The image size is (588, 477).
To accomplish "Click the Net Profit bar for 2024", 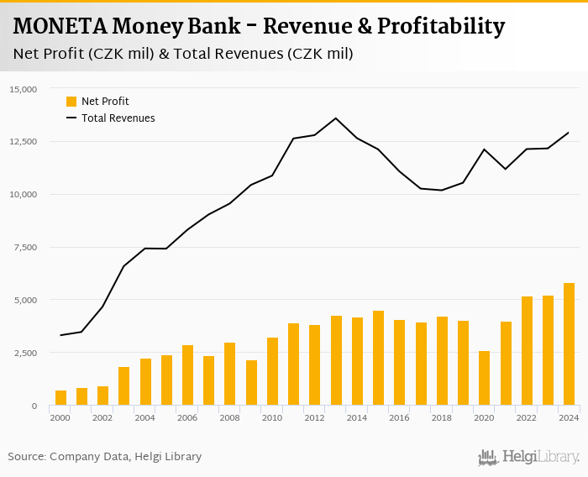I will [x=569, y=344].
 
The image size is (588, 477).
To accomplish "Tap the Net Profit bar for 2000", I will [x=60, y=398].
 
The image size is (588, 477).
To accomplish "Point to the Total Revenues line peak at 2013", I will [x=336, y=118].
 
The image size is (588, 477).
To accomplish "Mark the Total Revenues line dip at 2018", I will [x=442, y=190].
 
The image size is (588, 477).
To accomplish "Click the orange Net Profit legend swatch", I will [x=71, y=102].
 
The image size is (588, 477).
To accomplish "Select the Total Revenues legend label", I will [x=118, y=118].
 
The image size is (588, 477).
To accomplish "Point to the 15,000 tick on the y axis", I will [x=23, y=89].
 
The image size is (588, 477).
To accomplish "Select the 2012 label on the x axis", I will [x=314, y=417].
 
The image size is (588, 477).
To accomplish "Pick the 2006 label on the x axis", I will [x=187, y=417].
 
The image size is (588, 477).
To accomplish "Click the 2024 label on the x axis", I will [x=569, y=417].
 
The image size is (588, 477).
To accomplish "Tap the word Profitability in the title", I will [x=440, y=27].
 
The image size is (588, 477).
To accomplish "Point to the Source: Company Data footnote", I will [x=105, y=457].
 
